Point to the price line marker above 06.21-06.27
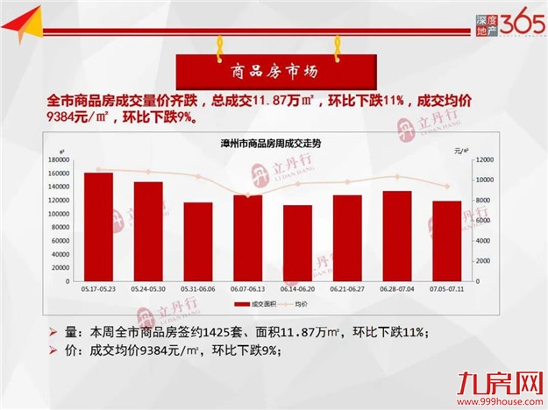(x=347, y=182)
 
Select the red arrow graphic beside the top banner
(x=24, y=25)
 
